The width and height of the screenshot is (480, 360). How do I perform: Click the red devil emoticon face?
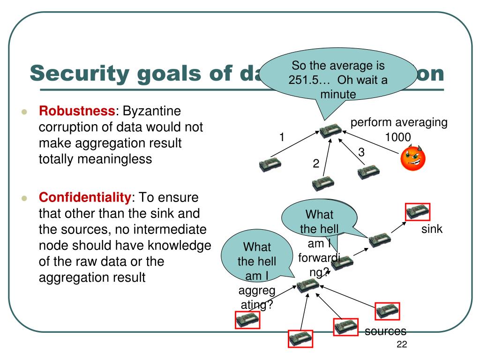pos(413,158)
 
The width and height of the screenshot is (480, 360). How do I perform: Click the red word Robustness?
pos(77,111)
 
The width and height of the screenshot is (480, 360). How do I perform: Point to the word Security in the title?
pos(79,73)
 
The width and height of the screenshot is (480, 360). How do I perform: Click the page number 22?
pos(402,345)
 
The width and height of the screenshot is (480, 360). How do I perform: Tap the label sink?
pos(432,229)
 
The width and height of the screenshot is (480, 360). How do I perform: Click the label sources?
pos(385,331)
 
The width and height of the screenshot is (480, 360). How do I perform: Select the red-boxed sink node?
pos(417,212)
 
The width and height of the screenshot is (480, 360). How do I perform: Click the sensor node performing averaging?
pos(331,132)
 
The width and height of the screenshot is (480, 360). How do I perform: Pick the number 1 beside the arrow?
pos(282,137)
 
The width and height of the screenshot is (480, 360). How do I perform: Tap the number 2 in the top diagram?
pos(316,164)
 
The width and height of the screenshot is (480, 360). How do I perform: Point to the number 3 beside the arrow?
pos(361,152)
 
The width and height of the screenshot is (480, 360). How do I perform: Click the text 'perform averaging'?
pos(399,123)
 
